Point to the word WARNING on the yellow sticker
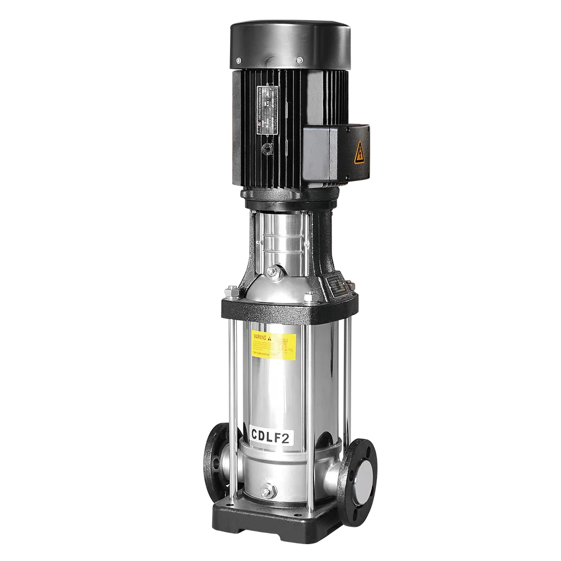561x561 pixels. [x=260, y=337]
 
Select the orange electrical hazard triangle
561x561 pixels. [x=359, y=152]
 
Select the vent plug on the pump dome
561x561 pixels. [x=273, y=272]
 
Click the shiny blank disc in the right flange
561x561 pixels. [x=364, y=481]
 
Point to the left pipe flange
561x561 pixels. [x=216, y=463]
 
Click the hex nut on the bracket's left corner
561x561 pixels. [x=231, y=292]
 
